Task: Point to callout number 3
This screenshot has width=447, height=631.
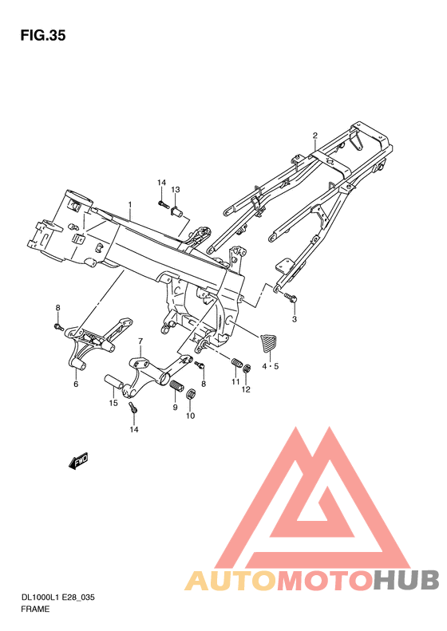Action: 294,320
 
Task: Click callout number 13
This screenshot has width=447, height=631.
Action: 176,189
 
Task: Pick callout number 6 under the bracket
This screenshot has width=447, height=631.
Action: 76,384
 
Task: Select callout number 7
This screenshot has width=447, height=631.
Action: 140,341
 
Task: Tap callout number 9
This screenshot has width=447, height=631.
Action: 175,408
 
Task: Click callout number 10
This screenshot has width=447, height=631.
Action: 190,416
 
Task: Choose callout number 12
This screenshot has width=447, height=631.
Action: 247,389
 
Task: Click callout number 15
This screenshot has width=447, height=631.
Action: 113,404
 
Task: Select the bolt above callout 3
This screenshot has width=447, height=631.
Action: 291,298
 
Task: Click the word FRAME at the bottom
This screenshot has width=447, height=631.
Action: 36,609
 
